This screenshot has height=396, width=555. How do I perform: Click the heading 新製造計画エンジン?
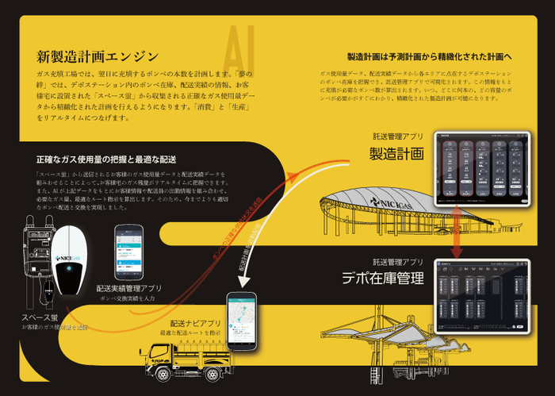coord(98,57)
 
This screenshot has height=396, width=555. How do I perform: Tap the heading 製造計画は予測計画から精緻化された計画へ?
coord(430,57)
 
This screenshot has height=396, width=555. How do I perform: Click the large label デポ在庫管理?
coord(383,278)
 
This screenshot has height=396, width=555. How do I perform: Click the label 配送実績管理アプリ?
coord(129,289)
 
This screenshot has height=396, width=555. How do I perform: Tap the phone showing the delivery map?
coord(243,321)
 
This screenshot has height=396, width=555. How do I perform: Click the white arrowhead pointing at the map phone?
coord(240,302)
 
